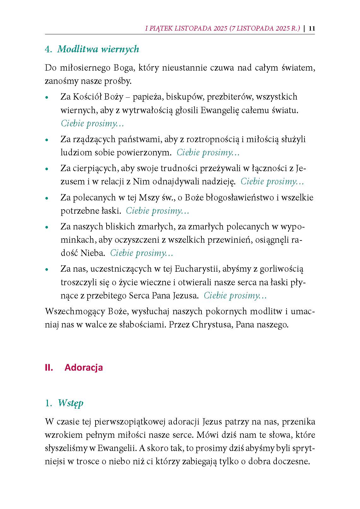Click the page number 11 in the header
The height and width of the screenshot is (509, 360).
tap(312, 28)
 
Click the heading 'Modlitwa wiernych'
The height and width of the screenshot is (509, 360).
tap(98, 49)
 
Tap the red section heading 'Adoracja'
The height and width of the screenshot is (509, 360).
tap(84, 367)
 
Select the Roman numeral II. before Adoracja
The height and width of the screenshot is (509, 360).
tap(49, 367)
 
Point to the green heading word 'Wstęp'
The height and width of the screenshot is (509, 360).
tap(71, 403)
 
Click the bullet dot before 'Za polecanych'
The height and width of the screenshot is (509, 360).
tap(47, 199)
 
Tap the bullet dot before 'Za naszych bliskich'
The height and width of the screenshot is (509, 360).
tap(47, 227)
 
